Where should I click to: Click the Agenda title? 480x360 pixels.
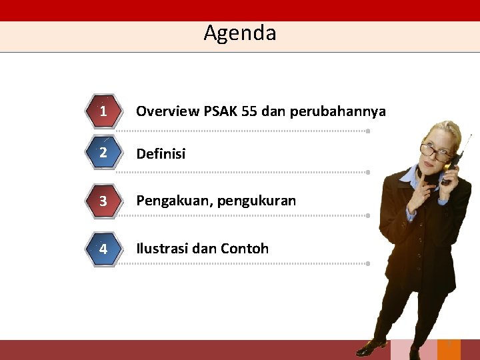click(x=240, y=33)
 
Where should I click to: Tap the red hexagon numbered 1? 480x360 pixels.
click(x=103, y=111)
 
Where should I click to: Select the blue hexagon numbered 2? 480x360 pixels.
click(x=103, y=153)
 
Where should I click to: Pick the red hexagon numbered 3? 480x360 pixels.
click(x=103, y=201)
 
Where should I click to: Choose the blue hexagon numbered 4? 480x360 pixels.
click(x=103, y=249)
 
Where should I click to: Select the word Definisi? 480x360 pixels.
click(x=161, y=154)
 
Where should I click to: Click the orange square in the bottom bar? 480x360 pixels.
click(x=449, y=349)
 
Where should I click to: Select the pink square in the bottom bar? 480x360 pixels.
click(x=405, y=349)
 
